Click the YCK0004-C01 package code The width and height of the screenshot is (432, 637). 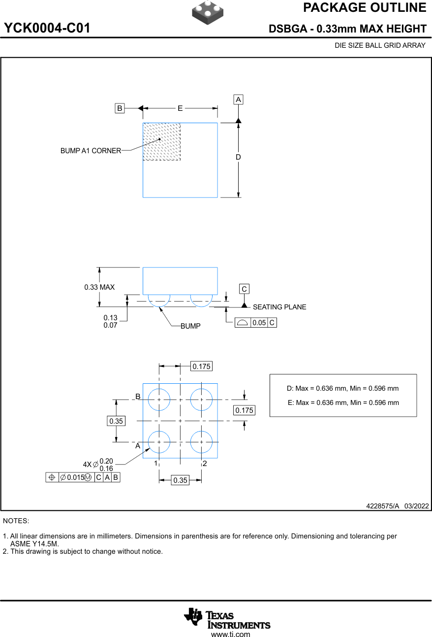pyautogui.click(x=47, y=29)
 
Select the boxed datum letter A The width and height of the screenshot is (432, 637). pyautogui.click(x=238, y=100)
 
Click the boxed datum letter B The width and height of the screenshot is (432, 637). pyautogui.click(x=120, y=108)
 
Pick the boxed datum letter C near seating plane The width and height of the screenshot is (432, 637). pyautogui.click(x=244, y=289)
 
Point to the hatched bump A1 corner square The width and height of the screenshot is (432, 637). pyautogui.click(x=161, y=142)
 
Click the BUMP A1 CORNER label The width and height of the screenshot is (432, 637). pyautogui.click(x=91, y=151)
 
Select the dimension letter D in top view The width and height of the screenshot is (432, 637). pyautogui.click(x=238, y=157)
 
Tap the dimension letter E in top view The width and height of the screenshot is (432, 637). pyautogui.click(x=180, y=108)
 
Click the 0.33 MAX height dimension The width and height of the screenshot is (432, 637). pyautogui.click(x=99, y=287)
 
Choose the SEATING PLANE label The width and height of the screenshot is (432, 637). pyautogui.click(x=279, y=307)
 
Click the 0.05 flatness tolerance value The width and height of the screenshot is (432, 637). pyautogui.click(x=259, y=323)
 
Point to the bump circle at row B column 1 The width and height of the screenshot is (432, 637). pyautogui.click(x=159, y=400)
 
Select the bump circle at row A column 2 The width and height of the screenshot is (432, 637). pyautogui.click(x=201, y=442)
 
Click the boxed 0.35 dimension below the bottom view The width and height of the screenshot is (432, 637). pyautogui.click(x=181, y=480)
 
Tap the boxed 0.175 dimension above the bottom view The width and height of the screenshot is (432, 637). pyautogui.click(x=201, y=367)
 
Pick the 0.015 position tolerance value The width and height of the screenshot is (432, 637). pyautogui.click(x=75, y=477)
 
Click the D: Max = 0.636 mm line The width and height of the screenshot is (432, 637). pyautogui.click(x=342, y=388)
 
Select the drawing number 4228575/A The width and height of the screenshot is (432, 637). pyautogui.click(x=382, y=506)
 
